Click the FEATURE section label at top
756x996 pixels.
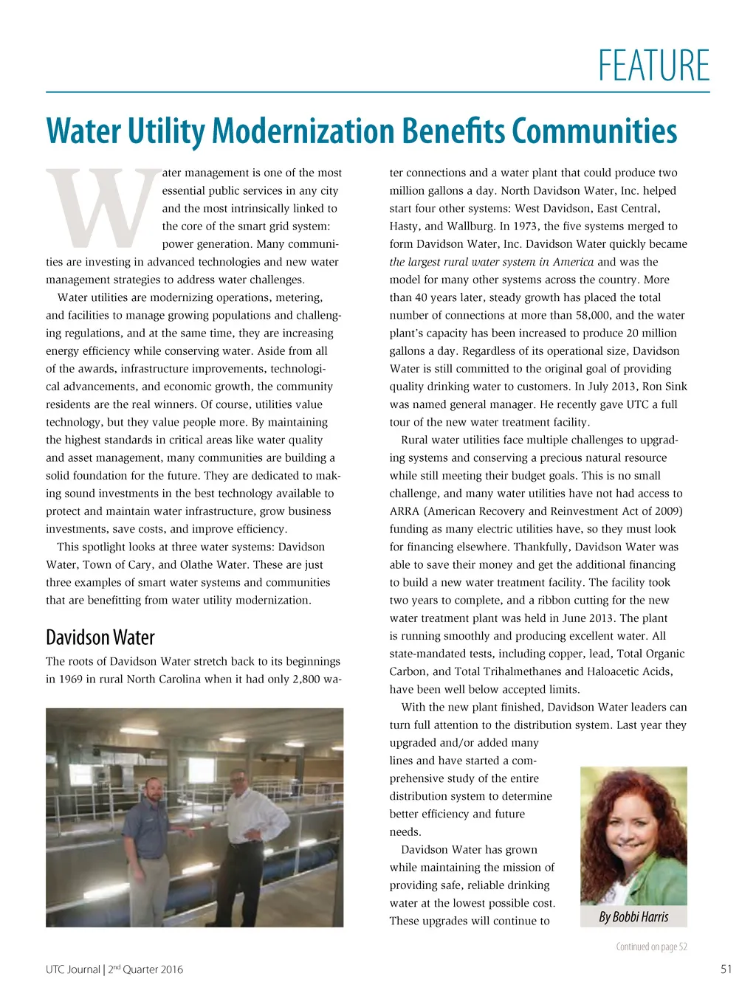(653, 66)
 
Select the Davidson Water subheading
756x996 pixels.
(100, 637)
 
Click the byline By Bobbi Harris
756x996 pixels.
(633, 917)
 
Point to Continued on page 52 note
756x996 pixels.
(651, 947)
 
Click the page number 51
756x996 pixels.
(726, 969)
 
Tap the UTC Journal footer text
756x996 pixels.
(72, 969)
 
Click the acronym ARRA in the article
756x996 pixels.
(405, 511)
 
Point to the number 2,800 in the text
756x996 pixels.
(306, 679)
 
